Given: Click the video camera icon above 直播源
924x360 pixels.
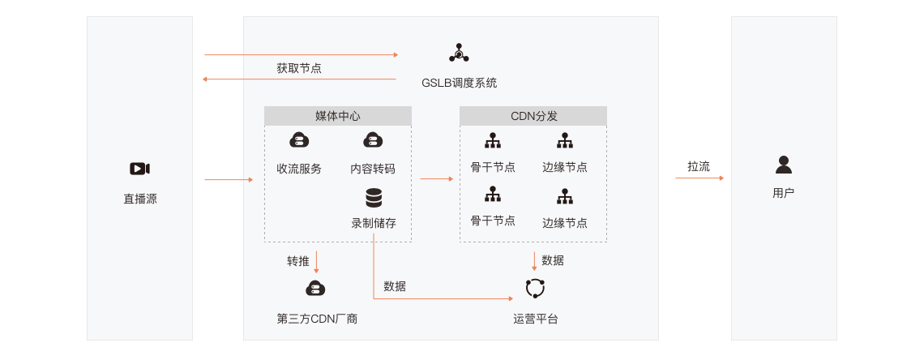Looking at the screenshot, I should tap(139, 169).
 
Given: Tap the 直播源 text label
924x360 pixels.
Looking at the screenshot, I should tap(139, 198).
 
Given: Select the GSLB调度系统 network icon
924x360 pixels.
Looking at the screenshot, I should tap(459, 54).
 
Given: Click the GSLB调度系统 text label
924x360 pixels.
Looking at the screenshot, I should tap(459, 83).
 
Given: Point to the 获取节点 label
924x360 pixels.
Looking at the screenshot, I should tap(299, 68).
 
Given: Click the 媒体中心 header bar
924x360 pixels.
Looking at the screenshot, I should tap(337, 116).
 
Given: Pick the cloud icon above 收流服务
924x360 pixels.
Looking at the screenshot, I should tap(299, 140).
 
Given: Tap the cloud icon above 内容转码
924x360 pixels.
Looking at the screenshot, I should tap(373, 140).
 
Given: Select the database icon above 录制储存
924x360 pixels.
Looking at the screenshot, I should tap(374, 198).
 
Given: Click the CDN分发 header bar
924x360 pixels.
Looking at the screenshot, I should tap(533, 116).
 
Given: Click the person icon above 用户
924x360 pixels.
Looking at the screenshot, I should tap(783, 165).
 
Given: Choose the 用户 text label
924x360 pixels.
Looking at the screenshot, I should tap(783, 193).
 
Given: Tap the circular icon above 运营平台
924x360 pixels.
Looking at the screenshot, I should tap(535, 289).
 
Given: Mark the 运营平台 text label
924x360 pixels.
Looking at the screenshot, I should tap(535, 319).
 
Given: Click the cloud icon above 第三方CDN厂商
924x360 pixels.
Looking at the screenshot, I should tap(315, 288).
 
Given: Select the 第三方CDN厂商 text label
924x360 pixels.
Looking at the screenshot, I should tap(317, 319).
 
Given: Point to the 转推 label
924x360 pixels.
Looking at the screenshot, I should tap(298, 261).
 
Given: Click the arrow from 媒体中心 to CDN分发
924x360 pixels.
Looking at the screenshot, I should tap(436, 178).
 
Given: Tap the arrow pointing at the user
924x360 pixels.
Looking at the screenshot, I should tap(699, 178).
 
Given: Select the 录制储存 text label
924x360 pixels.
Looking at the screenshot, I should tap(374, 223).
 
